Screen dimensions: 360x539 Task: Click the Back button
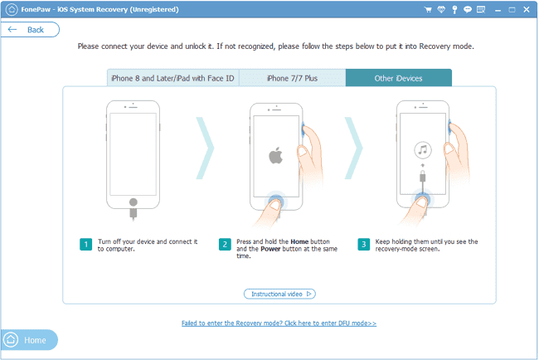[x=30, y=29]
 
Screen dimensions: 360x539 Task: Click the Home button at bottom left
[x=29, y=340]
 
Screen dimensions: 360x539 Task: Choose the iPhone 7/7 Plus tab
[x=292, y=78]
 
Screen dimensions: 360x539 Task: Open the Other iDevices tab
[x=398, y=78]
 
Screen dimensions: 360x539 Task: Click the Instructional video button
[x=279, y=294]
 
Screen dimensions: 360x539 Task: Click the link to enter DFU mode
[x=279, y=323]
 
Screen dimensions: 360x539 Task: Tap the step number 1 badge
[x=85, y=245]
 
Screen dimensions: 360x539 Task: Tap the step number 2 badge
[x=224, y=245]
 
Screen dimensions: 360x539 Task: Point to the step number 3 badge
[x=363, y=245]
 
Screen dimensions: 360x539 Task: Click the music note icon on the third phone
[x=423, y=150]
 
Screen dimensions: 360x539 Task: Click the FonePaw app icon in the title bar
[x=8, y=7]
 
